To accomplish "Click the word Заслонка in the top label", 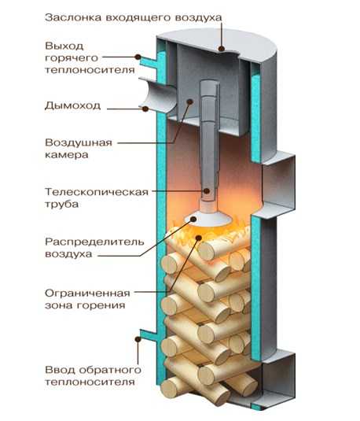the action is (x=73, y=18).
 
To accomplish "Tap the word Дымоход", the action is (x=72, y=106).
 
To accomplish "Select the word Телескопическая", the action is (x=97, y=192).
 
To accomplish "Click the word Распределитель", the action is (x=94, y=242).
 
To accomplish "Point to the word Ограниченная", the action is (x=87, y=293).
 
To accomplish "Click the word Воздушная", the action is (x=79, y=142).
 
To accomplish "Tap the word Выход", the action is (x=64, y=46).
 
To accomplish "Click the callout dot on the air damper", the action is (x=222, y=49).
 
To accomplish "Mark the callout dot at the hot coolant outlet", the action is (x=138, y=57).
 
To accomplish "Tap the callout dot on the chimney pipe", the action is (x=145, y=109).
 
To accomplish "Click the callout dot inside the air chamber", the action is (x=190, y=102).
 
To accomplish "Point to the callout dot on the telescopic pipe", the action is (x=207, y=191).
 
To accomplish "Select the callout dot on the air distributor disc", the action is (x=193, y=219).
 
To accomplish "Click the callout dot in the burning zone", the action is (x=199, y=238).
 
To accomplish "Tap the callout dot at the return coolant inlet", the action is (x=138, y=339).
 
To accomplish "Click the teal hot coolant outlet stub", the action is (x=149, y=62).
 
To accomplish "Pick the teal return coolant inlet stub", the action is (x=149, y=334).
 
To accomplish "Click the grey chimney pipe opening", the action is (x=157, y=94).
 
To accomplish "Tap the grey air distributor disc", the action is (x=208, y=218).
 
